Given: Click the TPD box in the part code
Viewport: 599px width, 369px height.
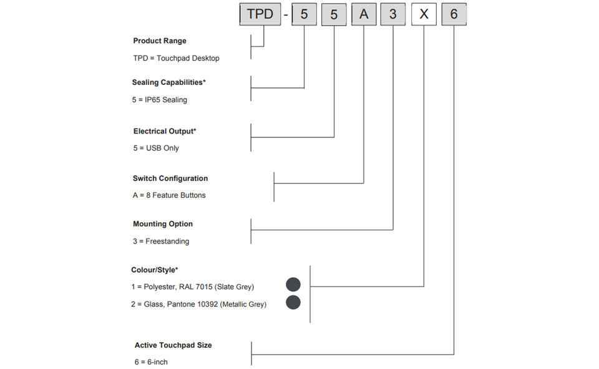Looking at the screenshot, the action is [x=260, y=14].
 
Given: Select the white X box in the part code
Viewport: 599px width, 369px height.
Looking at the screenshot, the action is [x=424, y=14].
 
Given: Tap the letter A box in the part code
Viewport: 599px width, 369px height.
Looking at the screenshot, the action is [x=364, y=14].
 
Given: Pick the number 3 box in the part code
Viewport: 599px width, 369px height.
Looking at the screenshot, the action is [x=392, y=14].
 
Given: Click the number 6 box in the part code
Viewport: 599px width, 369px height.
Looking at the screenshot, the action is [x=454, y=14].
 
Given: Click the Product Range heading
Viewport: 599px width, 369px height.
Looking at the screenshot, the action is [x=160, y=41].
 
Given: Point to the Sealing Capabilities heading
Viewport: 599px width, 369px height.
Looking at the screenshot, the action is [x=169, y=82].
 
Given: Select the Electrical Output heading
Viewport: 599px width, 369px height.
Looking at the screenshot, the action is [x=165, y=131].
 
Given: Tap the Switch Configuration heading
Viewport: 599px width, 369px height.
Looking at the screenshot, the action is [x=170, y=178].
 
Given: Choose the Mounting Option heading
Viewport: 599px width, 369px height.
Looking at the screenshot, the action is [x=163, y=224].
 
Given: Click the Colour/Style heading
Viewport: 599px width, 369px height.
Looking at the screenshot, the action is [x=154, y=270].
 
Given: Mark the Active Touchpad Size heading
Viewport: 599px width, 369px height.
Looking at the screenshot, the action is [x=173, y=345].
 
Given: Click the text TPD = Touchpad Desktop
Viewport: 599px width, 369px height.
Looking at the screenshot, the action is [x=176, y=58].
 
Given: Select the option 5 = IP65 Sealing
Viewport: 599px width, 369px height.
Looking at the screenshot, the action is [x=160, y=100].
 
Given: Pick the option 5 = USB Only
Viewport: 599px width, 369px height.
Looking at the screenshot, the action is [x=156, y=148].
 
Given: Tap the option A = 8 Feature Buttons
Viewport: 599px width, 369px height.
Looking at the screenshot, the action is [x=169, y=195].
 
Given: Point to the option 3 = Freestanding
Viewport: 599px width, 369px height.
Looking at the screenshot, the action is [x=161, y=241].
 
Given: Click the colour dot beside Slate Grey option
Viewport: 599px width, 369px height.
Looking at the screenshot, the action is [x=293, y=285].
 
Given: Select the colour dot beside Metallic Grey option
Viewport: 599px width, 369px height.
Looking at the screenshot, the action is [x=293, y=302].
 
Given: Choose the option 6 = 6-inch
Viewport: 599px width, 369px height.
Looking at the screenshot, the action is [x=151, y=362].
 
